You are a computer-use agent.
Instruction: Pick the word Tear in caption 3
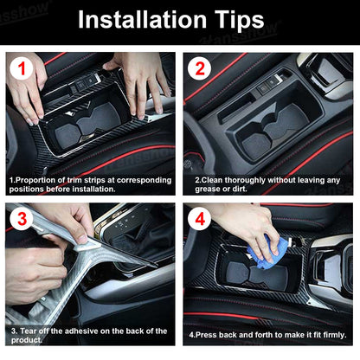coord(30,331)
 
